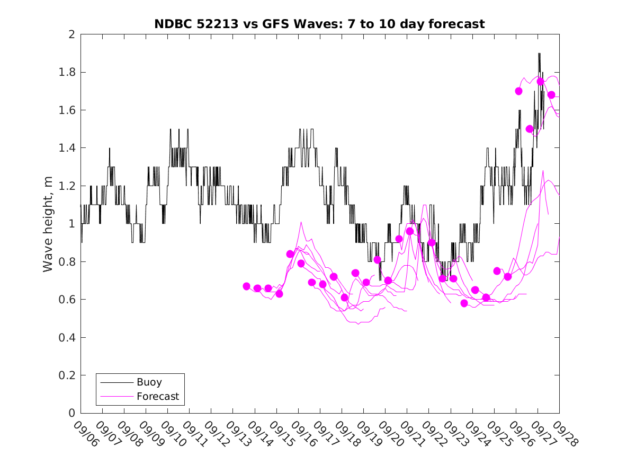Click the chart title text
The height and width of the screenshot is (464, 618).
319,24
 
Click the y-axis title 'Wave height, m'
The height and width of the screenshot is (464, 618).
48,224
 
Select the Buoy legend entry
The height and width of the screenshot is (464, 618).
149,382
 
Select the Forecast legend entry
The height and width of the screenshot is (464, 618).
157,396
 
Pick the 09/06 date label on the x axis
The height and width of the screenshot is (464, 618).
86,434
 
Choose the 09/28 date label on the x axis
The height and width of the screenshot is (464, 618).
565,434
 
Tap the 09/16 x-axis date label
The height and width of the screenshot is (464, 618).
303,434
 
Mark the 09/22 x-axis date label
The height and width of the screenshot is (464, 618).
434,434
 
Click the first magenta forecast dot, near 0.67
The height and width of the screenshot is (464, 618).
246,286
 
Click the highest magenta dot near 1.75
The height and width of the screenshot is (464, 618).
540,82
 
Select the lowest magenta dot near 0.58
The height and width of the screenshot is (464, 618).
464,303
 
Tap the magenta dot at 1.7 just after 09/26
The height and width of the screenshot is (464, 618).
518,91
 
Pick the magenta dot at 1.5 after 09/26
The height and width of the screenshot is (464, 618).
530,129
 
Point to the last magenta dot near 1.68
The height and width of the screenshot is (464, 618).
551,95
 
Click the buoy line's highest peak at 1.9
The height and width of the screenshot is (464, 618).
539,54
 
